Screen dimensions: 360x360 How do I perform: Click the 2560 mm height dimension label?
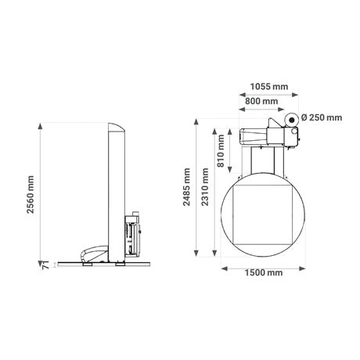(x=31, y=194)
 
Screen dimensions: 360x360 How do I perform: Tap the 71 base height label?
(x=45, y=265)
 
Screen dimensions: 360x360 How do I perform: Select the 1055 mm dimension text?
(x=269, y=86)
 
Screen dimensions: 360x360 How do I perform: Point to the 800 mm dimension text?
(x=261, y=101)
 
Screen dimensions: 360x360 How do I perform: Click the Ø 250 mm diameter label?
(x=322, y=117)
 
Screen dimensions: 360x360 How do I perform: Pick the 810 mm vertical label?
(x=221, y=150)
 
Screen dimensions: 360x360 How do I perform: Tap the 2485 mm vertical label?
(x=186, y=187)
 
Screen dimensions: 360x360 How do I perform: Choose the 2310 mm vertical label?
(x=205, y=187)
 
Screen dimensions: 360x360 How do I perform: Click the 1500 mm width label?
(x=264, y=273)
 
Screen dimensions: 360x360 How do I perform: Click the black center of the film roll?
(x=292, y=120)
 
